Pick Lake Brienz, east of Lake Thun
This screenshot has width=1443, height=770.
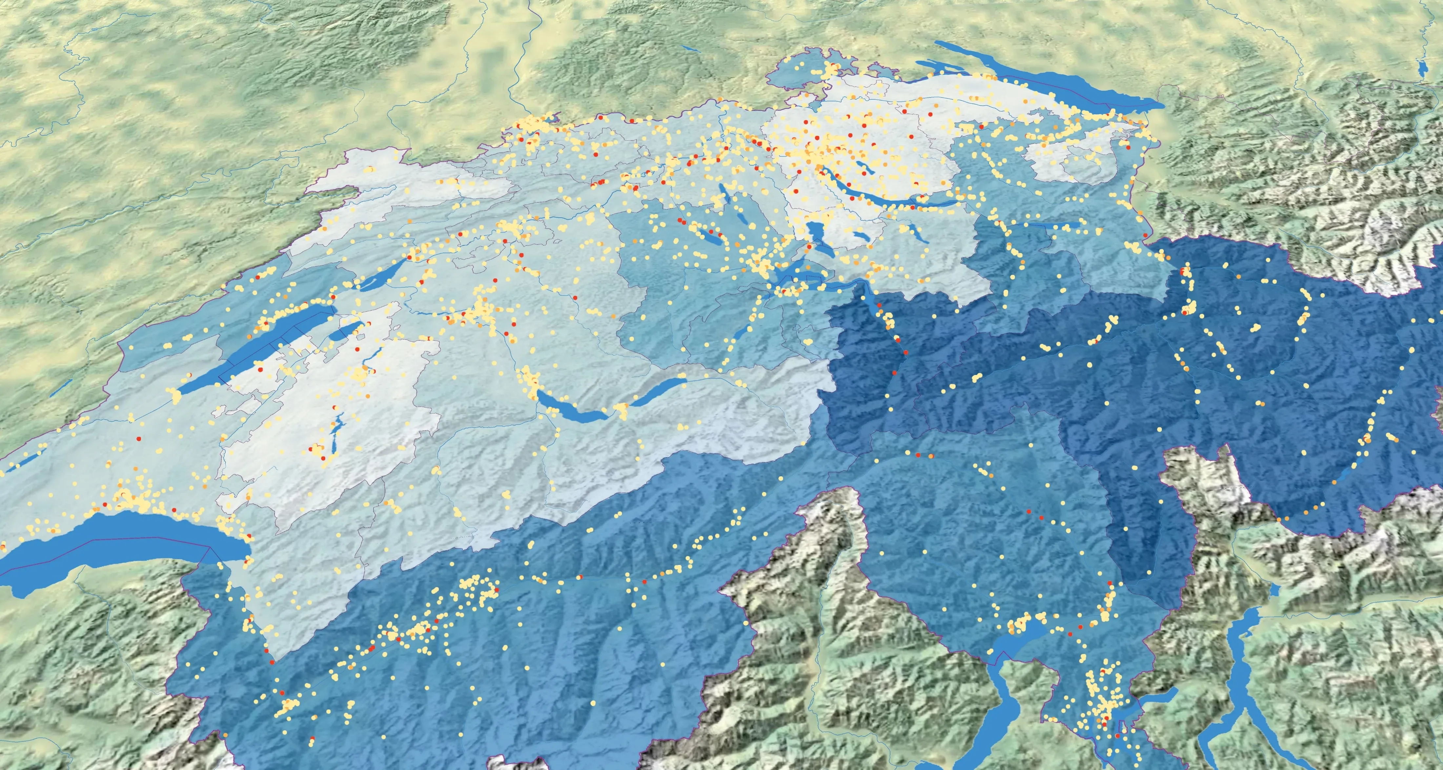(661, 387)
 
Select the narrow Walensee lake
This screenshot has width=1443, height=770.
(1053, 225)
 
